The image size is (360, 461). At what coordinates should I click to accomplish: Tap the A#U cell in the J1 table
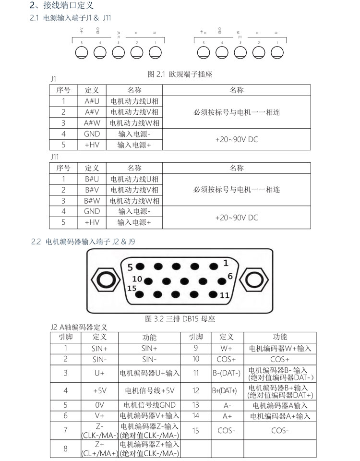(x=92, y=101)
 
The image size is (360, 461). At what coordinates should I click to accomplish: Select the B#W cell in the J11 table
(x=92, y=201)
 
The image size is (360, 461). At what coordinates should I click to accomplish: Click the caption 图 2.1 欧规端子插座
(x=180, y=74)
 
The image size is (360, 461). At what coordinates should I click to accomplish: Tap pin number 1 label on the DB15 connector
(x=226, y=262)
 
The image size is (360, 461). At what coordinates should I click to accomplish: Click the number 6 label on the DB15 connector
(x=230, y=276)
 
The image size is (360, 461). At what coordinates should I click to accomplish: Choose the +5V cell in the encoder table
(x=99, y=390)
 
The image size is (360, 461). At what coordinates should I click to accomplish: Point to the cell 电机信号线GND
(x=150, y=405)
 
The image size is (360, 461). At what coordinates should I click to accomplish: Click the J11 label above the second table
(x=55, y=157)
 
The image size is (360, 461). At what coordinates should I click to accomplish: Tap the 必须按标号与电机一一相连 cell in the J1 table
(x=236, y=112)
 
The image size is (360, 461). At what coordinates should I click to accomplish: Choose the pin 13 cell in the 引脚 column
(x=195, y=405)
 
